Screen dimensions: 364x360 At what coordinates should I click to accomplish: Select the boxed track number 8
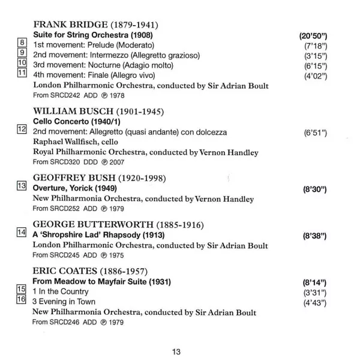click(x=22, y=43)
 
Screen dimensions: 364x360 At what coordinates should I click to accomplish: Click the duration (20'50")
click(x=313, y=36)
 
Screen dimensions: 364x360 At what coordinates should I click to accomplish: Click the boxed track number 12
click(x=22, y=129)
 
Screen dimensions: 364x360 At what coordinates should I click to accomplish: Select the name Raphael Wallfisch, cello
click(x=76, y=142)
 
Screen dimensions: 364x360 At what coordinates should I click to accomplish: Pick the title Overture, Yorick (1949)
click(x=79, y=188)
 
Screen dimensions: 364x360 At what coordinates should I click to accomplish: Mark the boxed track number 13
click(x=22, y=186)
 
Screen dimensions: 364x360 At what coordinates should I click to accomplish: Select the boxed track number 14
click(x=22, y=233)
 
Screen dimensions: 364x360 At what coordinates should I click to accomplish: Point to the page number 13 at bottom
click(x=175, y=351)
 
